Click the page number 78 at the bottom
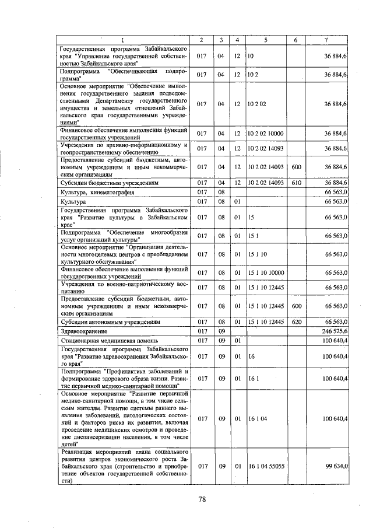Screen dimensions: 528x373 tap(202, 499)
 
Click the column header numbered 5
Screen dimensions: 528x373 tap(265, 40)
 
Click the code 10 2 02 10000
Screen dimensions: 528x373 tap(265, 134)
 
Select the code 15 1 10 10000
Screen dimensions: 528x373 tap(265, 272)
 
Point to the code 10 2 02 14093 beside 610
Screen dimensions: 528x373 tap(265, 183)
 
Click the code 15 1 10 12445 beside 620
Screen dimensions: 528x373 tap(265, 321)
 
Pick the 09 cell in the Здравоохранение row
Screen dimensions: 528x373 tap(221, 331)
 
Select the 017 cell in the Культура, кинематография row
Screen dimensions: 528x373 tap(202, 192)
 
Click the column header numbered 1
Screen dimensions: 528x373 tap(123, 40)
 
